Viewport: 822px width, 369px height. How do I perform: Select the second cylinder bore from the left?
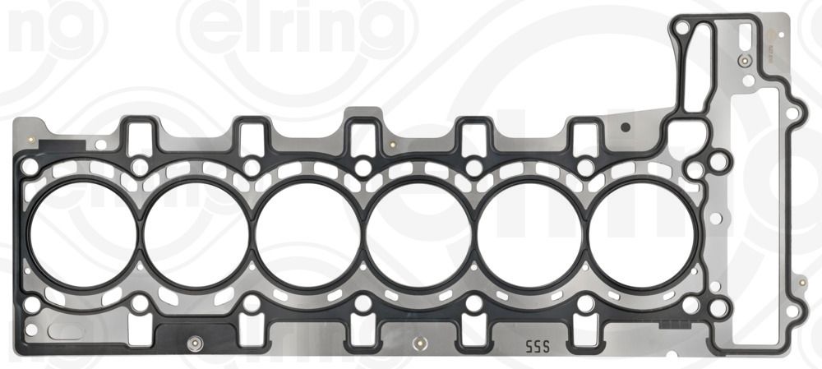[x=196, y=233]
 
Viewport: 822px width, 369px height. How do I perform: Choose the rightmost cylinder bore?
[x=642, y=233]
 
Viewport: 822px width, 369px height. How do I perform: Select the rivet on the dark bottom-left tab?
[x=193, y=342]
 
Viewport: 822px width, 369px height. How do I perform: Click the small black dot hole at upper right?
[x=626, y=127]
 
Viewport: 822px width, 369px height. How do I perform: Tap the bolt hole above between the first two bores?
[x=141, y=167]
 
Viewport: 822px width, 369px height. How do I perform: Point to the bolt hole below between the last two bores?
[x=585, y=304]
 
